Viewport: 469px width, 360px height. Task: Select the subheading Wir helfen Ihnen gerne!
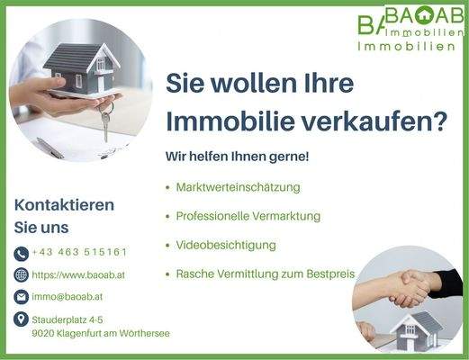pos(237,157)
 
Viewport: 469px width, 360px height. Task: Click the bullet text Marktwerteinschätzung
pos(239,187)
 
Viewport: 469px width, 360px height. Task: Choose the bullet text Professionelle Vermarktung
pos(248,216)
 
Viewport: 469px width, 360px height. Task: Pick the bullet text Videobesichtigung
pos(226,245)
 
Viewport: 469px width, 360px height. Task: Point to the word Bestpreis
pos(329,274)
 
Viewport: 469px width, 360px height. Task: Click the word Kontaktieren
pos(64,204)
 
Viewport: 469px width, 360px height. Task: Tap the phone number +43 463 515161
pos(79,253)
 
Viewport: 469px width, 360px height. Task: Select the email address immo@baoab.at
pos(68,296)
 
